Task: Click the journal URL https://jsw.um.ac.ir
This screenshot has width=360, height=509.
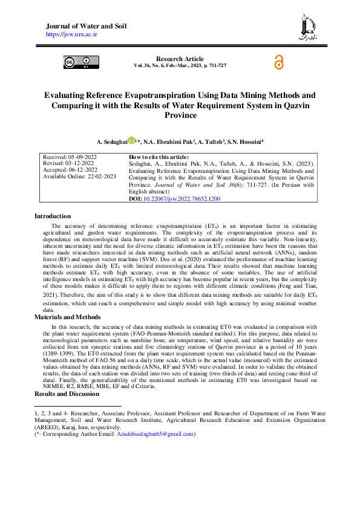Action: point(72,35)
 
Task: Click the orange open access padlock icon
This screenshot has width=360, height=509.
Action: point(278,62)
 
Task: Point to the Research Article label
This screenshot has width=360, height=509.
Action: point(180,59)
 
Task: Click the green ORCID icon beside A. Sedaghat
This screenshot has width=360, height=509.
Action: point(131,141)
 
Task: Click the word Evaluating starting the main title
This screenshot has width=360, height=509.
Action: point(66,95)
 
